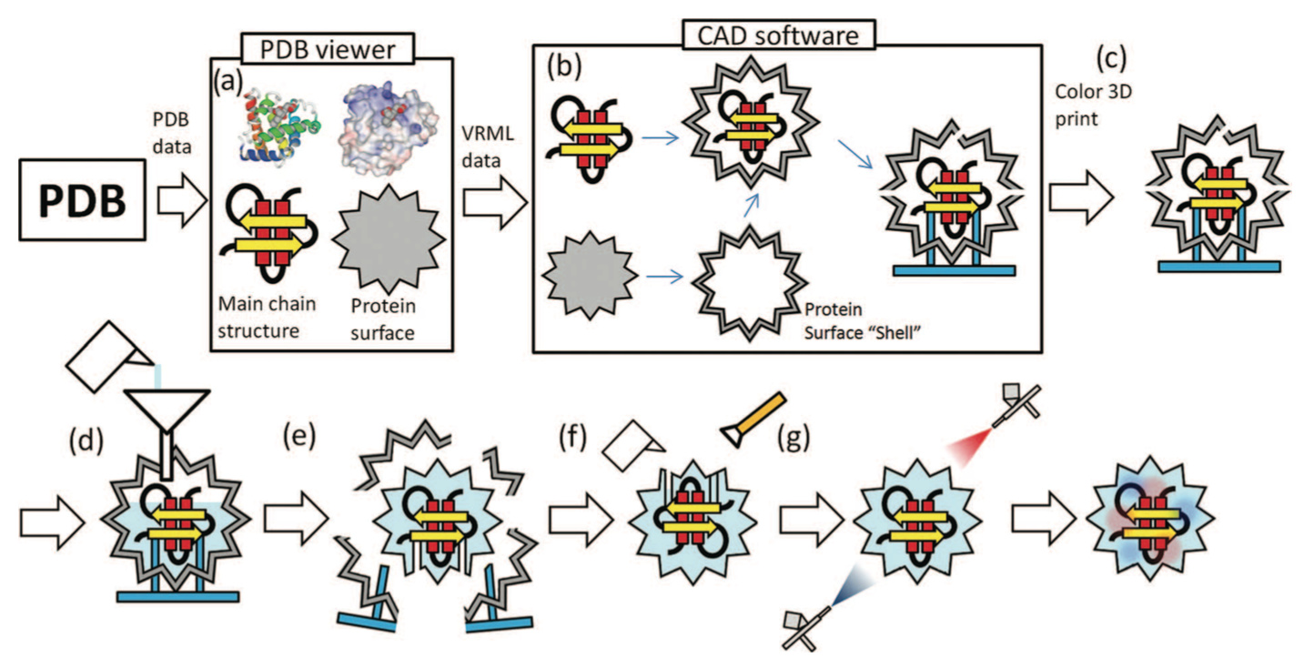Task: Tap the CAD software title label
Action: (780, 35)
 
